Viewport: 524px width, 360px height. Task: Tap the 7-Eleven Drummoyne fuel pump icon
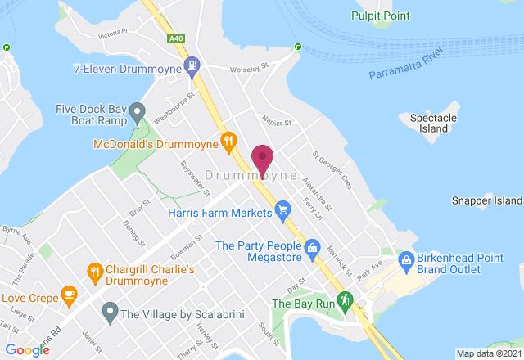(x=192, y=64)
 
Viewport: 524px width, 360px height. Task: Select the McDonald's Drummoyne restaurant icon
(x=229, y=143)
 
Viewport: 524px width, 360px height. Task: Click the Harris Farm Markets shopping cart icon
(x=283, y=212)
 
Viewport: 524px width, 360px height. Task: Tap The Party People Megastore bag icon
(x=312, y=247)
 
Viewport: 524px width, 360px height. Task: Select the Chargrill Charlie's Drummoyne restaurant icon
(x=96, y=272)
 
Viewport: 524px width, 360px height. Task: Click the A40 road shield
(x=176, y=38)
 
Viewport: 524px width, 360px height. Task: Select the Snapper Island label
(x=486, y=200)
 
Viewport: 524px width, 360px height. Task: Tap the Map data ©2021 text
(x=488, y=353)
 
